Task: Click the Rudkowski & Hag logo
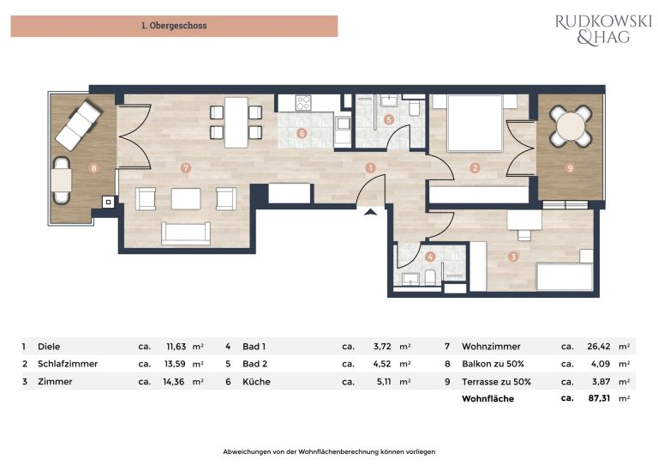[x=603, y=29]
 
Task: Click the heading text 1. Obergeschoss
[x=174, y=26]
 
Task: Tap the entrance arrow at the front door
[x=370, y=212]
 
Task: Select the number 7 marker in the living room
[x=185, y=168]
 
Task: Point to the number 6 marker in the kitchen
[x=302, y=134]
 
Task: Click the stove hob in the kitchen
[x=303, y=103]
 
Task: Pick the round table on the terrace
[x=571, y=125]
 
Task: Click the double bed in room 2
[x=475, y=123]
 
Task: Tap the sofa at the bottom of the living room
[x=185, y=233]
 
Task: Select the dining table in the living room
[x=236, y=122]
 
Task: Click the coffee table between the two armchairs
[x=185, y=199]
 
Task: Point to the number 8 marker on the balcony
[x=93, y=168]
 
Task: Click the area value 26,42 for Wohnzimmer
[x=598, y=347]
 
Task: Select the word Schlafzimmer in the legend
[x=68, y=364]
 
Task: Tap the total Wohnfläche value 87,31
[x=599, y=398]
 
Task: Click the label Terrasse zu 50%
[x=496, y=382]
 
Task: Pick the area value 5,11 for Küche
[x=384, y=382]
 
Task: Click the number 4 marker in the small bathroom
[x=430, y=257]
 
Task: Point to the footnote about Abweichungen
[x=329, y=451]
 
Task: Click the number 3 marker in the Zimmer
[x=513, y=257]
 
